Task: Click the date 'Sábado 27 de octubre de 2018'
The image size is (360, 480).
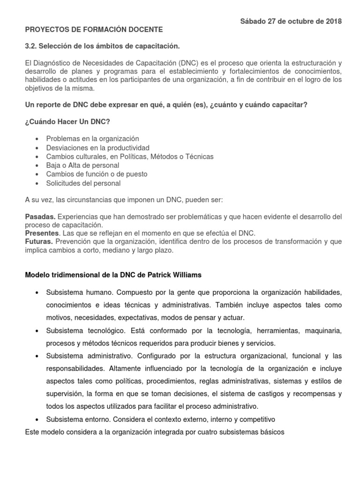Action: (x=291, y=21)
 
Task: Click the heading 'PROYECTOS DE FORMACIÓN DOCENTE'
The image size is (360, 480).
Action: (x=94, y=30)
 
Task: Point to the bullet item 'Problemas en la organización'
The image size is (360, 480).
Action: (x=93, y=139)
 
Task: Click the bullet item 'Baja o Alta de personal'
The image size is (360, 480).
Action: (x=82, y=165)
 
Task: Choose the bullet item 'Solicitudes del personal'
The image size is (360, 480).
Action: (x=83, y=183)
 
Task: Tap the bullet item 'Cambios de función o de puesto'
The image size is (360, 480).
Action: (x=97, y=174)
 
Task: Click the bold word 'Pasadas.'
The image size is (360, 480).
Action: (x=40, y=217)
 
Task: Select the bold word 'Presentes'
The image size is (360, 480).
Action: (x=42, y=233)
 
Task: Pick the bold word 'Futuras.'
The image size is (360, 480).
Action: (x=39, y=242)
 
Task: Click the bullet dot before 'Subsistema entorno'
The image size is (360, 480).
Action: (x=37, y=419)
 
